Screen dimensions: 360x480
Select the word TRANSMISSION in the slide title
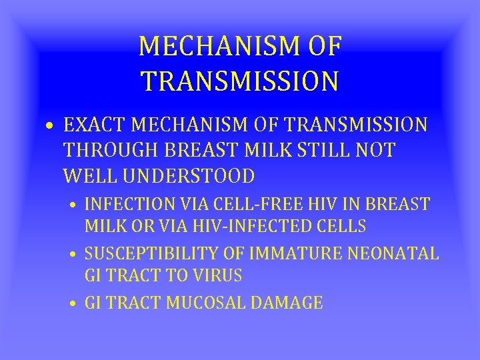click(240, 80)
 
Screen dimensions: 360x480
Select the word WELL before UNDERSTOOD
click(90, 177)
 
